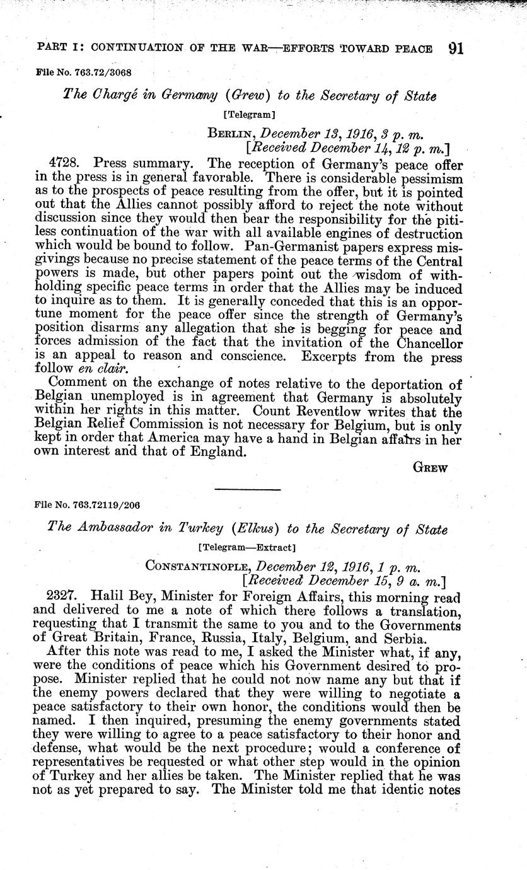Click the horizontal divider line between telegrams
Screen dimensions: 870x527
click(247, 489)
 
